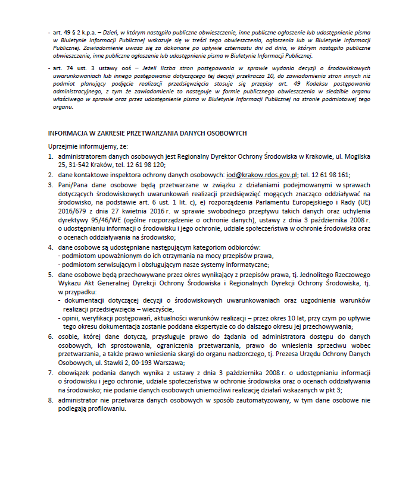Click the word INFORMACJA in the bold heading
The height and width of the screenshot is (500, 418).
[69, 133]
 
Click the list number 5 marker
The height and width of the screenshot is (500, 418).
[51, 275]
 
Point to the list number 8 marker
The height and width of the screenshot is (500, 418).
[51, 400]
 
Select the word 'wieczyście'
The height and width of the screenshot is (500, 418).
[155, 309]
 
